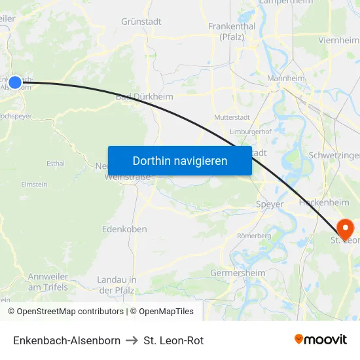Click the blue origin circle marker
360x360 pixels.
(15, 82)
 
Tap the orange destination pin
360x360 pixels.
(344, 228)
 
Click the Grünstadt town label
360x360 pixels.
(141, 21)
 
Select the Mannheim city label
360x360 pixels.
(287, 79)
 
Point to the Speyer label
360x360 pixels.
(270, 204)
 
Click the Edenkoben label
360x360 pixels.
(124, 229)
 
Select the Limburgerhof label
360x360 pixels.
(251, 132)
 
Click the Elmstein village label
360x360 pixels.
(34, 185)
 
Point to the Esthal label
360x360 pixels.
(55, 163)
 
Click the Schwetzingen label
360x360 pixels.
(334, 156)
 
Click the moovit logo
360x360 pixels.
(320, 339)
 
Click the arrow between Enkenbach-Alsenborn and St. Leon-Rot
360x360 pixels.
(132, 340)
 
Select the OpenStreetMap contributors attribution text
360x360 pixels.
(70, 312)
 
